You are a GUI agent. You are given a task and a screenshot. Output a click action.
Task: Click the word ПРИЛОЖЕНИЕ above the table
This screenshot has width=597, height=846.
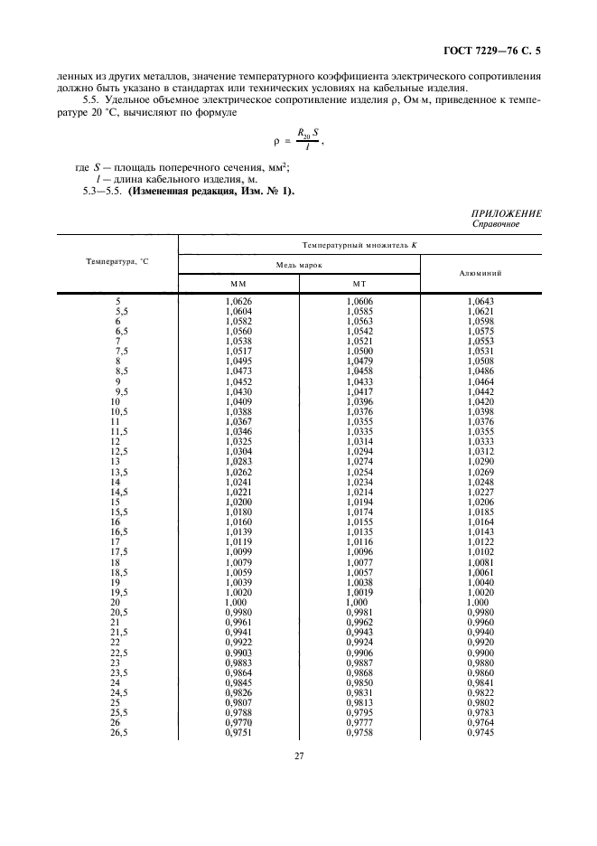507,213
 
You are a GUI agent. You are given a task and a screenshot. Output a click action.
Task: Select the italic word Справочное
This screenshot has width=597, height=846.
495,224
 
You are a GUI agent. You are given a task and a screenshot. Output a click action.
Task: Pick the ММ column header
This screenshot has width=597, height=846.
238,284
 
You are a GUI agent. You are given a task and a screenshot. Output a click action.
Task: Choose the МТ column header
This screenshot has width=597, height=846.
359,284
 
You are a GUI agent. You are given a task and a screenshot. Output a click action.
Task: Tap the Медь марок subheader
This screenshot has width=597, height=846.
298,265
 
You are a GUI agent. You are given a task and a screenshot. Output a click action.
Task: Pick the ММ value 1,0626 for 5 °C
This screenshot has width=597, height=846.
238,300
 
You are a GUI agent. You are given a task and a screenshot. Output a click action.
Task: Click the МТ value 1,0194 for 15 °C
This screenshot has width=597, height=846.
359,501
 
